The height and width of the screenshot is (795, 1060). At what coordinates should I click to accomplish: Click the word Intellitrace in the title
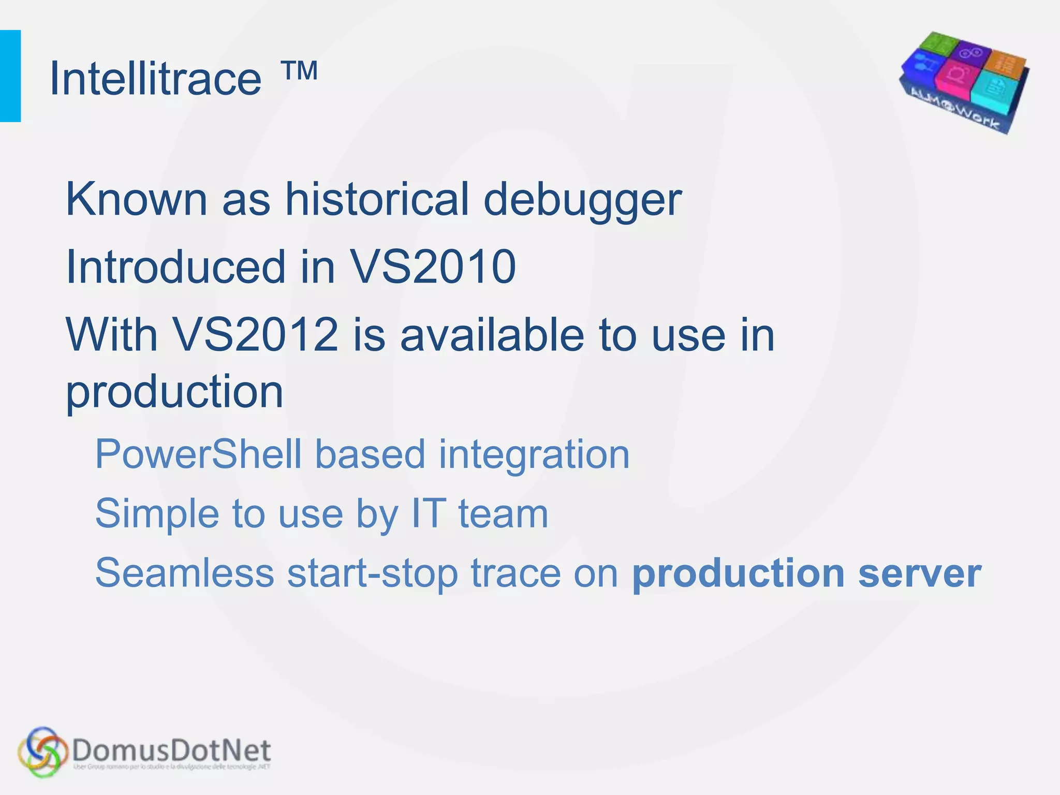pyautogui.click(x=155, y=79)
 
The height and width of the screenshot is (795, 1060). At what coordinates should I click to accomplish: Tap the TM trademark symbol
pyautogui.click(x=300, y=71)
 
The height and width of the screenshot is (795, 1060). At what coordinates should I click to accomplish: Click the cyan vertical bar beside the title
pyautogui.click(x=10, y=76)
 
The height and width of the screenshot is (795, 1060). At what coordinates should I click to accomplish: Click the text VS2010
pyautogui.click(x=433, y=267)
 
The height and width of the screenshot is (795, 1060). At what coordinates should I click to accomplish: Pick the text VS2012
pyautogui.click(x=255, y=335)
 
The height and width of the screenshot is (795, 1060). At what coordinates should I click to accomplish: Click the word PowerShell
pyautogui.click(x=198, y=454)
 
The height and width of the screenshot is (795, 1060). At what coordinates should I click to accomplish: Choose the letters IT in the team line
pyautogui.click(x=428, y=513)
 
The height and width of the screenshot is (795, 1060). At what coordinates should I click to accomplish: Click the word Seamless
pyautogui.click(x=185, y=573)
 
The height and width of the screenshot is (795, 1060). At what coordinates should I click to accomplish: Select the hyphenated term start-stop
pyautogui.click(x=372, y=573)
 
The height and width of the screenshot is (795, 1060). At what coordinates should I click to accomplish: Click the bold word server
pyautogui.click(x=919, y=573)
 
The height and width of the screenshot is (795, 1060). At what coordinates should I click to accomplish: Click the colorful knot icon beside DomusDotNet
pyautogui.click(x=43, y=752)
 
